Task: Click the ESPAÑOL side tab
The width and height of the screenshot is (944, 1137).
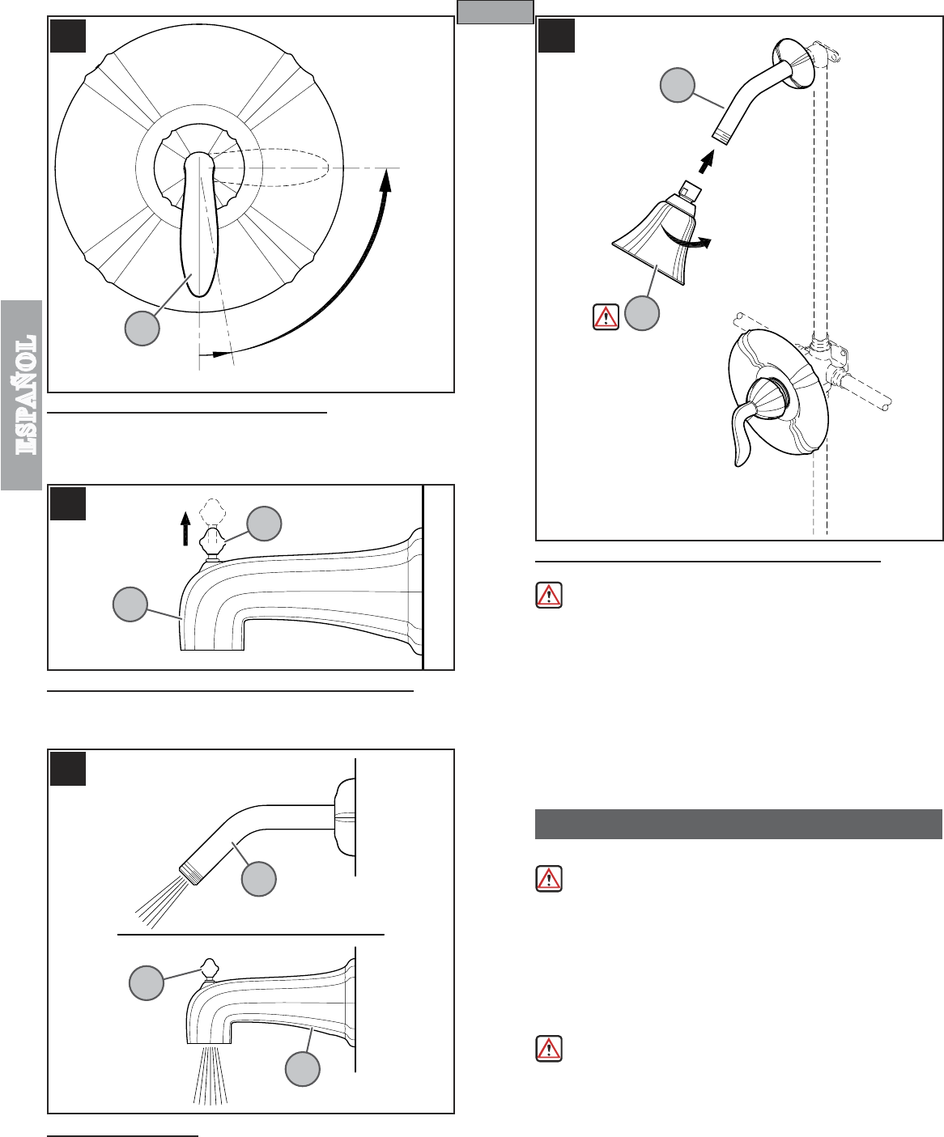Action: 21,395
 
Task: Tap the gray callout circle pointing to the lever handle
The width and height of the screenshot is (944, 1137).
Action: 142,329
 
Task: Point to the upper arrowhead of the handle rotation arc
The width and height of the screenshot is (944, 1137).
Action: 386,179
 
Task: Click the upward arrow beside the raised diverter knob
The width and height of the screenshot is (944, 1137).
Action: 185,528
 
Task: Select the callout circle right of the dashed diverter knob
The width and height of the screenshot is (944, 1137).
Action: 264,524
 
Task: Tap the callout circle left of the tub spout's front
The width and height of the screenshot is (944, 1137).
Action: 130,604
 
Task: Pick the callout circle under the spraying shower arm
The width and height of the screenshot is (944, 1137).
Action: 259,878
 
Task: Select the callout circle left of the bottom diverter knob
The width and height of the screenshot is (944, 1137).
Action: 147,982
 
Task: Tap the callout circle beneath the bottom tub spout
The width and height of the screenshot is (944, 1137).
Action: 302,1068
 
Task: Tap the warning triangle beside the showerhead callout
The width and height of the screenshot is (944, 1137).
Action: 606,317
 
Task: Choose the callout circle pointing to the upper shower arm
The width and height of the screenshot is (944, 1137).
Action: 678,85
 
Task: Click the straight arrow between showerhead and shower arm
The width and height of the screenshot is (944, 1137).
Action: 707,163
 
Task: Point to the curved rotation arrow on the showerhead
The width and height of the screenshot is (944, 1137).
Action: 687,240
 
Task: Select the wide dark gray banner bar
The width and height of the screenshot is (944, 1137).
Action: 738,824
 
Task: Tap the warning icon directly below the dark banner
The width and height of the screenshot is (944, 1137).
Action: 549,878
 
